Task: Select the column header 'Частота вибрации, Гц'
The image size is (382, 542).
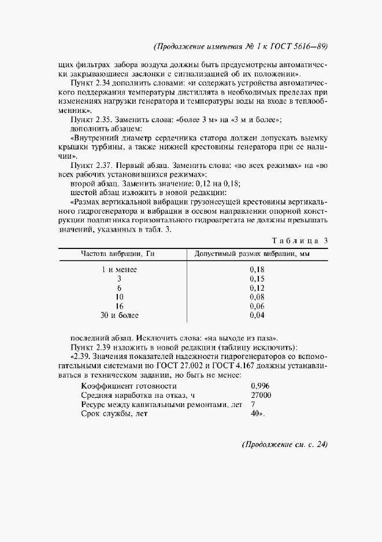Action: (119, 254)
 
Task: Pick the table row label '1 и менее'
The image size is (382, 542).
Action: (119, 269)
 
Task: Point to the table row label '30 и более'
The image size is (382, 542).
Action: (119, 316)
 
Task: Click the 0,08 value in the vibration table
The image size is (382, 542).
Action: (257, 297)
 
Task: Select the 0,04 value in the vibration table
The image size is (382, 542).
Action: (257, 316)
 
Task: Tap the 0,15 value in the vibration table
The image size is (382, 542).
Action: (257, 279)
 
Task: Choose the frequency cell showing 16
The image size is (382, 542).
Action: (119, 306)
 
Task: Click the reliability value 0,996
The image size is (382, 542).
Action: (260, 386)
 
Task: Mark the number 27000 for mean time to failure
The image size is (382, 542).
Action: (261, 395)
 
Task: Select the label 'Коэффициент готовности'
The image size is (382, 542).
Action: (129, 386)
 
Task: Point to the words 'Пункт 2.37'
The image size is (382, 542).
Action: (90, 165)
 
